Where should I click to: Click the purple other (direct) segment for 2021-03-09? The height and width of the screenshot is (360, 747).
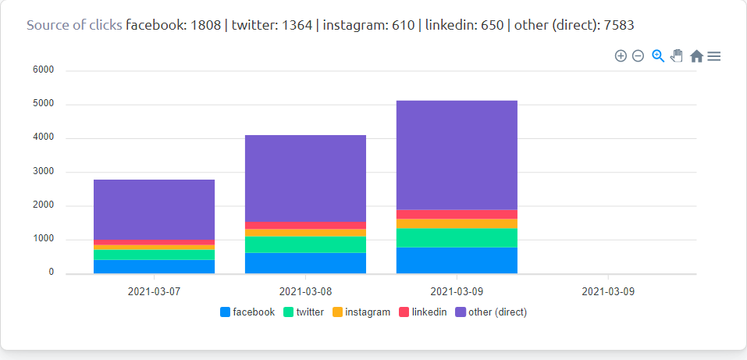click(457, 155)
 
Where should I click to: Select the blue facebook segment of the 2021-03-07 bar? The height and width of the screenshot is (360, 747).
click(154, 266)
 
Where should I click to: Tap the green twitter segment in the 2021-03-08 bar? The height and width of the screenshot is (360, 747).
click(305, 244)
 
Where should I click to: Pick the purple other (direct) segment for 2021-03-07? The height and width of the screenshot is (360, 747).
click(154, 209)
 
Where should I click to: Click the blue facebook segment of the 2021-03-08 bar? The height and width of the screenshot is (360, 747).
click(305, 263)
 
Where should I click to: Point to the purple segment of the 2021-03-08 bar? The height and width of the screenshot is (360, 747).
click(305, 178)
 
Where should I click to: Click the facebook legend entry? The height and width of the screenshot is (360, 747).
click(247, 312)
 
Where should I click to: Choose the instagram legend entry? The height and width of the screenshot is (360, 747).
click(361, 312)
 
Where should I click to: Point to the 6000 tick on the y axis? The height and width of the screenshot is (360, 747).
click(43, 70)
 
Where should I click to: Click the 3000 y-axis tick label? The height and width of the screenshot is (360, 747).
click(43, 172)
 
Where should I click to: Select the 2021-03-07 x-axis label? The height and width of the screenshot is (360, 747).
click(154, 292)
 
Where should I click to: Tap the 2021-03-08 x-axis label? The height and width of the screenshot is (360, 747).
click(305, 292)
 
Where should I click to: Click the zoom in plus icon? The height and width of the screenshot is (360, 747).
click(621, 56)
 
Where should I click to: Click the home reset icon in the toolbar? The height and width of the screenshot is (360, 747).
click(696, 56)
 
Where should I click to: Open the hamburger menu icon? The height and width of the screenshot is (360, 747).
click(714, 56)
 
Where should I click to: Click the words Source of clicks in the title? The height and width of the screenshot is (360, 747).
click(74, 25)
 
